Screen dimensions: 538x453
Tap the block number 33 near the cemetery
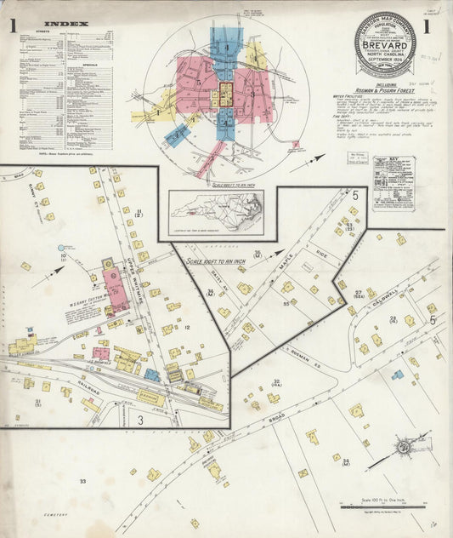pos(82,482)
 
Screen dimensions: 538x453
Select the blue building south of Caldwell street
pos(397,375)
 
